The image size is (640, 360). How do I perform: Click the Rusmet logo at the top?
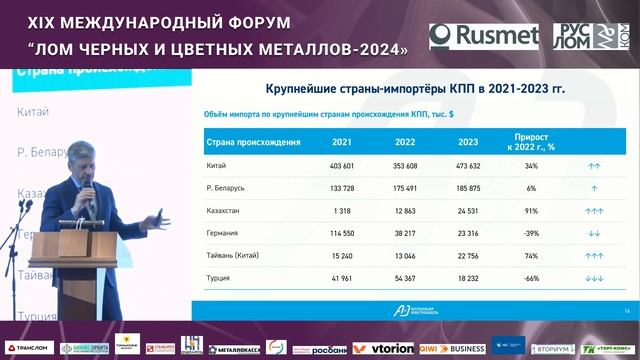484,37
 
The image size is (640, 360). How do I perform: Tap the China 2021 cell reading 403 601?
343,165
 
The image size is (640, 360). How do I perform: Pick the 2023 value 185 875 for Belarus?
468,188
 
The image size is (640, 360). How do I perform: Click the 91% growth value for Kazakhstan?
531,211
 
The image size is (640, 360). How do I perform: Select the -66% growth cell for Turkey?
531,280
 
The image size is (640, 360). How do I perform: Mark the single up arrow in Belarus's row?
594,188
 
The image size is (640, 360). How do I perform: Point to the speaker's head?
80,159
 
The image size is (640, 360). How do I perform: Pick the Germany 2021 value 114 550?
343,234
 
